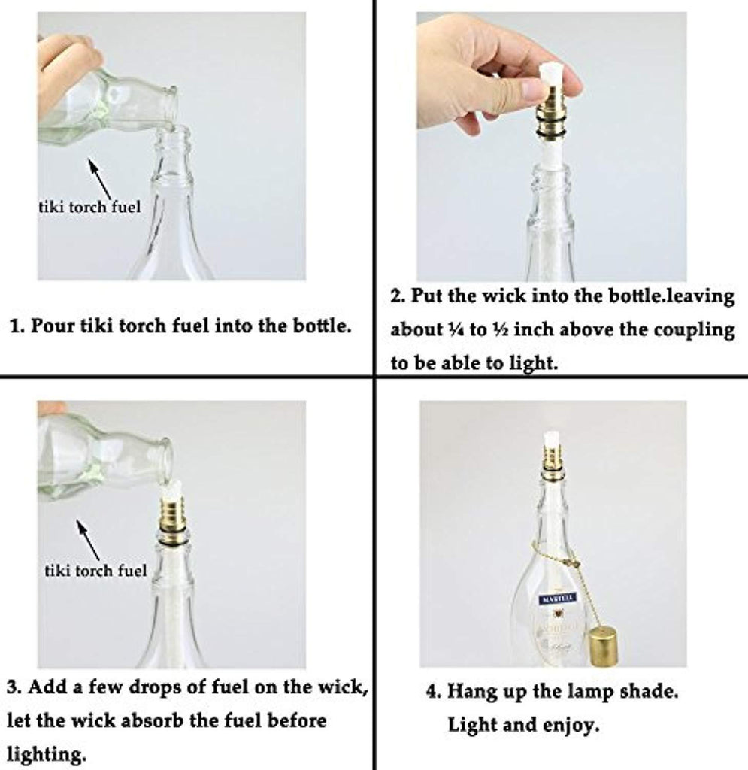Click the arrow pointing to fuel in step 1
[x=101, y=179]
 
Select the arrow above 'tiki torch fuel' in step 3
[x=89, y=540]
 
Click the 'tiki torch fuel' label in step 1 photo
[x=89, y=207]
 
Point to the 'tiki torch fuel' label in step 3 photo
[x=95, y=570]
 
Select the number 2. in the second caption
[x=398, y=296]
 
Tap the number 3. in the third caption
[x=14, y=687]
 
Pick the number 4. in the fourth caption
[x=434, y=692]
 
